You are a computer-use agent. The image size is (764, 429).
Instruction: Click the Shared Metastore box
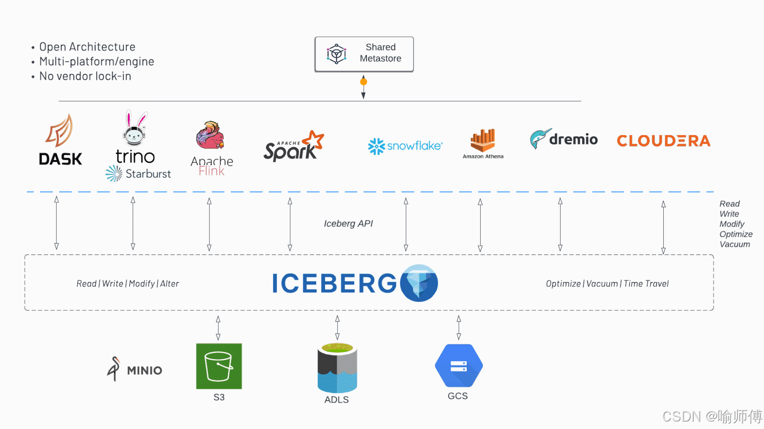pos(364,54)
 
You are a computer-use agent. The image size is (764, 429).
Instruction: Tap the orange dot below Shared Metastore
pos(363,82)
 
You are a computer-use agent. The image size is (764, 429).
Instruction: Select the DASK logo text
pos(60,159)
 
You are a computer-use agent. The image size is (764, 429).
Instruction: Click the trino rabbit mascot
pos(135,128)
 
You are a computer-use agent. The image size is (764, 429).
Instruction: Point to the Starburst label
pos(148,174)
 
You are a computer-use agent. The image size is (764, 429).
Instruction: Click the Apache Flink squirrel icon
pos(210,135)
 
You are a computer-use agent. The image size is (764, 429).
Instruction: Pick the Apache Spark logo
pos(294,146)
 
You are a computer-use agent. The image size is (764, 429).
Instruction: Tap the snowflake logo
pos(405,146)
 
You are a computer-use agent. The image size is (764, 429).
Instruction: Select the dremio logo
pos(563,139)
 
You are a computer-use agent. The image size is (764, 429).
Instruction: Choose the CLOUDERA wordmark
pos(664,141)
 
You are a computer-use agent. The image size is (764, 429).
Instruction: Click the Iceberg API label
pos(348,224)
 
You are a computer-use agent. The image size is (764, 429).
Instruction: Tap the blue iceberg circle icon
pos(419,283)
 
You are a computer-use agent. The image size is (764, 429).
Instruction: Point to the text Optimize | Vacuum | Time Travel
pos(607,284)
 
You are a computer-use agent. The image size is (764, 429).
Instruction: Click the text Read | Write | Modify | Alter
pos(128,284)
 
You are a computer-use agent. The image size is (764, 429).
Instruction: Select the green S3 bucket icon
pos(219,366)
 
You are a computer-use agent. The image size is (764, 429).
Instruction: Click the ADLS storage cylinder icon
pos(337,367)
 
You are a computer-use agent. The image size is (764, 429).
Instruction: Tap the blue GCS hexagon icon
pos(459,365)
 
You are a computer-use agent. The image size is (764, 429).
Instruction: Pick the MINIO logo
pos(134,369)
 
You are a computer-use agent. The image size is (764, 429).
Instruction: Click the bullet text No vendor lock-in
pos(85,76)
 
